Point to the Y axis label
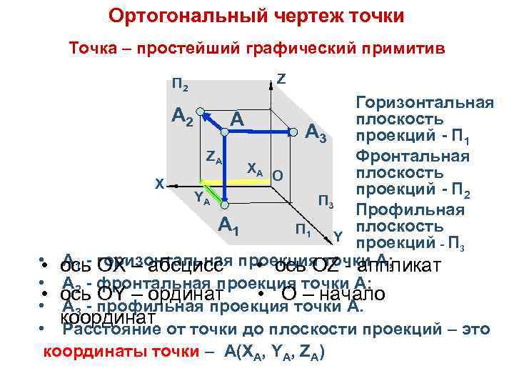click(338, 235)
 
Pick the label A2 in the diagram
click(182, 117)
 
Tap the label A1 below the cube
click(228, 225)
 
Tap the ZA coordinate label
click(213, 157)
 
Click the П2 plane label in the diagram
click(180, 87)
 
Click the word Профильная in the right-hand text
click(410, 210)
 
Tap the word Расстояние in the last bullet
click(113, 330)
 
